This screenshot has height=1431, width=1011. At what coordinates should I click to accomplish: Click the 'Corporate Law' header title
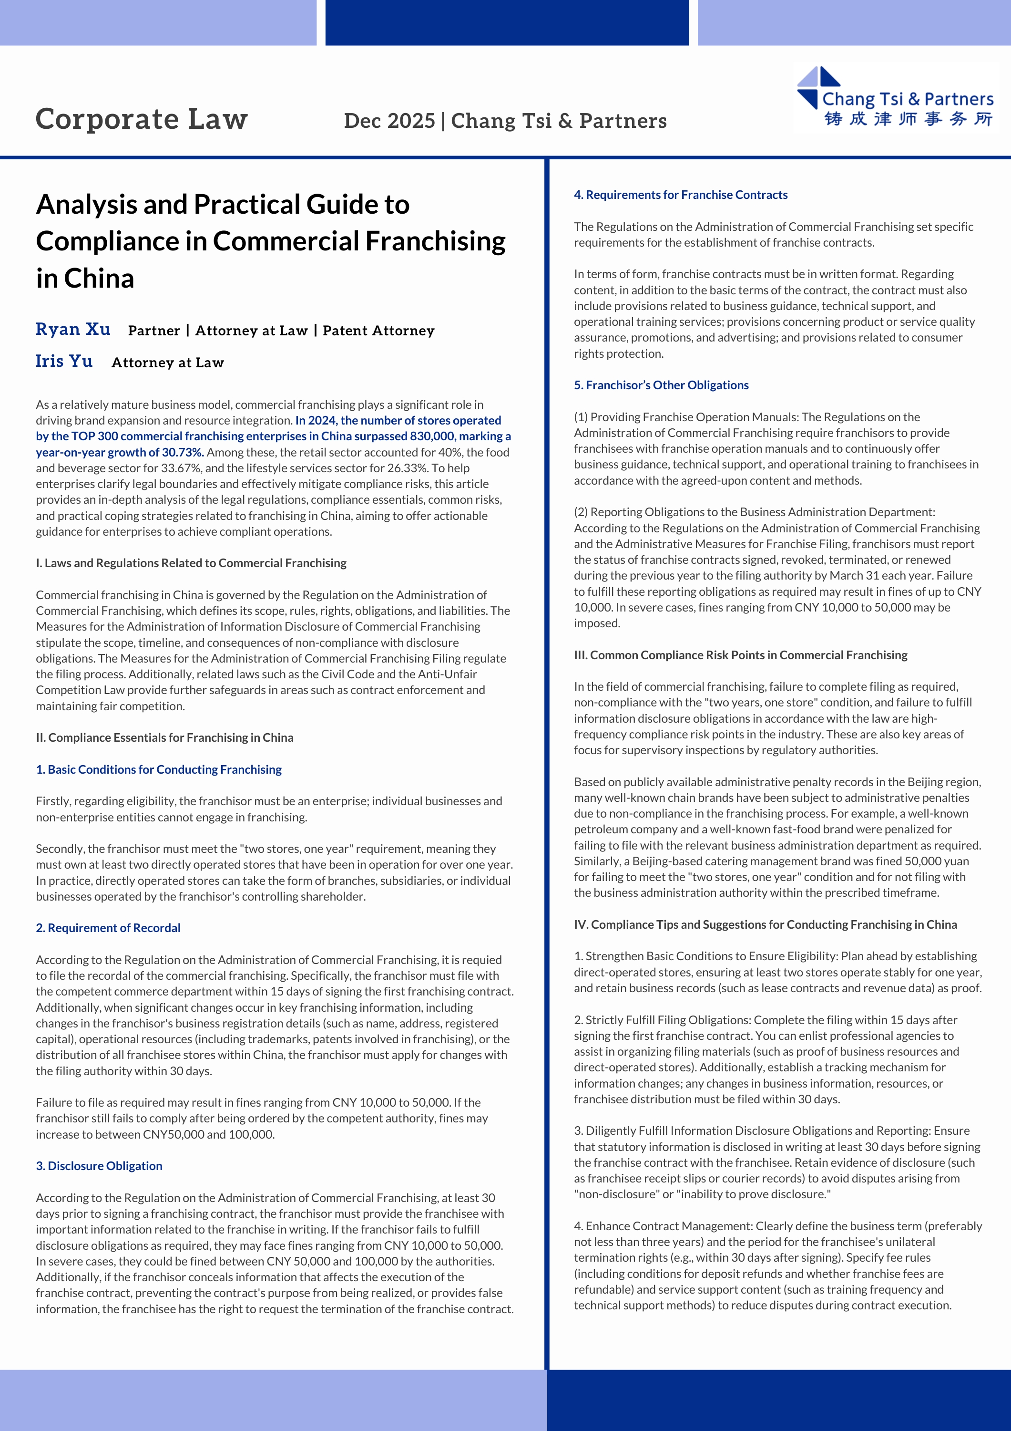tap(142, 119)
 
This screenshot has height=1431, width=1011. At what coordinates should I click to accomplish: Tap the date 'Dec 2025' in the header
tap(389, 121)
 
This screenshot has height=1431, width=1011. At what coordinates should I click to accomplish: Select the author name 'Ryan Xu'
tap(73, 329)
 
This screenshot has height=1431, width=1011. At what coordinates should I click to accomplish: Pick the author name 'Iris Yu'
tap(64, 362)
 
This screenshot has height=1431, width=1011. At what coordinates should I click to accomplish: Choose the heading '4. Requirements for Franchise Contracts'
tap(680, 195)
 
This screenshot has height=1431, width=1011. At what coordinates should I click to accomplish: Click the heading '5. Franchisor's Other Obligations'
tap(661, 385)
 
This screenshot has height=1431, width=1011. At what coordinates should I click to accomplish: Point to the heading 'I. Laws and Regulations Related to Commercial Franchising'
tap(191, 563)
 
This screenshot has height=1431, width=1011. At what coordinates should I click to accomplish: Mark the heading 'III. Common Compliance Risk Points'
tap(740, 655)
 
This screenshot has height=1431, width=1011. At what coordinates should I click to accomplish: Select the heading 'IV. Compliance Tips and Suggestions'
tap(765, 925)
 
